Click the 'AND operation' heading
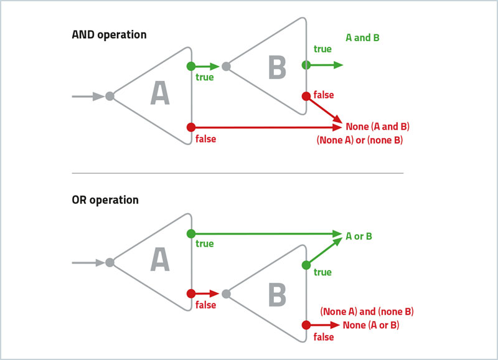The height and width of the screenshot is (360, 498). coord(110,35)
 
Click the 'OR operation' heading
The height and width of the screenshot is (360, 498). coord(105,201)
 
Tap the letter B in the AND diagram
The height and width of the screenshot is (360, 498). coord(277,67)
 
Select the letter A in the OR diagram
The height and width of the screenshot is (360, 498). coord(160,260)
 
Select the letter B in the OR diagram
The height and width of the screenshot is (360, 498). coord(277,295)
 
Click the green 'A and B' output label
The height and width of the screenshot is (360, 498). coord(363,37)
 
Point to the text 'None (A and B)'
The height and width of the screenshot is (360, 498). coord(377,127)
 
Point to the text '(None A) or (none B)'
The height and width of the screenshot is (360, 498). coord(360,141)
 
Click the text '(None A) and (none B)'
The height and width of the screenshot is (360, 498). coord(367,311)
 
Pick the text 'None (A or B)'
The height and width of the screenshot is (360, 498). coord(371,325)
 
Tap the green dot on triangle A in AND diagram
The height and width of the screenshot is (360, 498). coord(190,65)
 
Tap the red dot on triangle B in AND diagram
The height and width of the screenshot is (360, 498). coord(306,96)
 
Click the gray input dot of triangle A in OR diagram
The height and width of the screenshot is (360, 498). coord(110,263)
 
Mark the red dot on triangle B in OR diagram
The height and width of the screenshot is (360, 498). coord(306,325)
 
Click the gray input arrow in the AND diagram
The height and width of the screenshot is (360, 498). coord(87,97)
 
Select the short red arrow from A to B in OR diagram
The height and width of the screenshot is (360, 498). coord(207,293)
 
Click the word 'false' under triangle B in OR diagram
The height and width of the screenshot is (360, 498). coord(324,337)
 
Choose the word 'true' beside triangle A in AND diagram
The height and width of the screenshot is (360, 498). coord(204,77)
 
